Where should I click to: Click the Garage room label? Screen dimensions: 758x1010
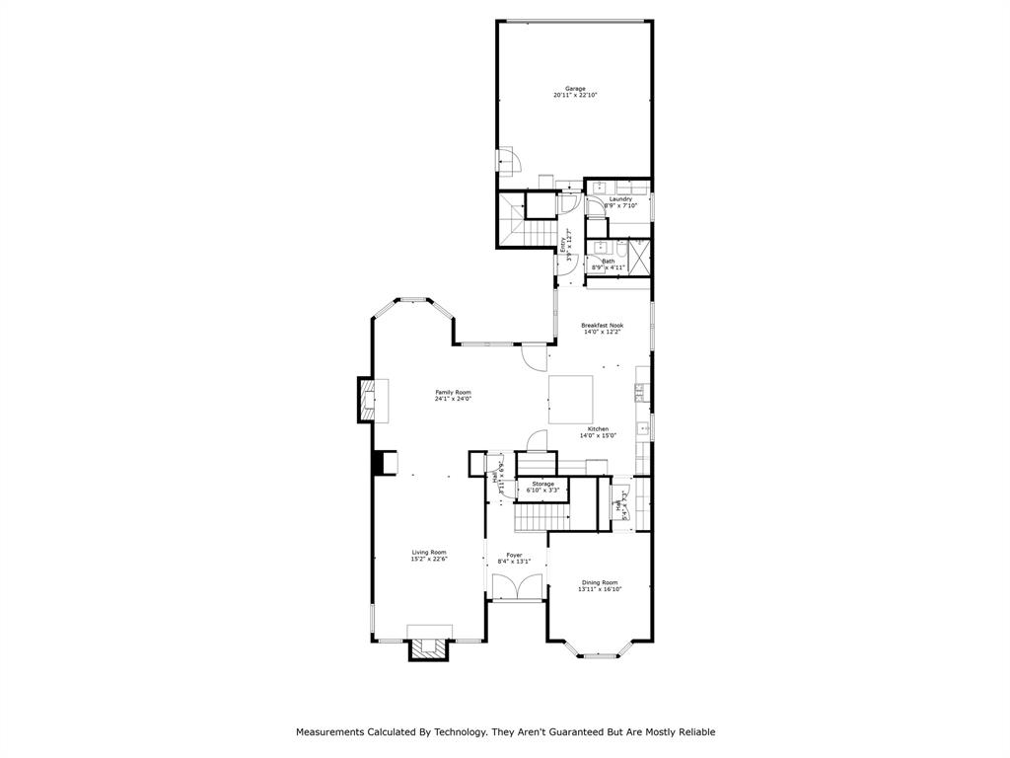pyautogui.click(x=574, y=89)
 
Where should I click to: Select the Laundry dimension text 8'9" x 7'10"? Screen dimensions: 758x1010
pyautogui.click(x=620, y=206)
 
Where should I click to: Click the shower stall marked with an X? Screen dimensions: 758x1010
pyautogui.click(x=640, y=257)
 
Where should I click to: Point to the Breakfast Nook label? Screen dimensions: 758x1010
pyautogui.click(x=602, y=325)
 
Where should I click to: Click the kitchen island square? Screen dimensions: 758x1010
pyautogui.click(x=571, y=400)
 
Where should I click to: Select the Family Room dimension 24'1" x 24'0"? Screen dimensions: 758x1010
pyautogui.click(x=454, y=399)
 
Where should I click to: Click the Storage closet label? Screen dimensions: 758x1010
pyautogui.click(x=542, y=484)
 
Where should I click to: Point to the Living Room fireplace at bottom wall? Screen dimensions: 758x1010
pyautogui.click(x=430, y=647)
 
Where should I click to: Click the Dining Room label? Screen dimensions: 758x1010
pyautogui.click(x=600, y=582)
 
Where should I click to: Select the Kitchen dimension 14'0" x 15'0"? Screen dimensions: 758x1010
pyautogui.click(x=598, y=436)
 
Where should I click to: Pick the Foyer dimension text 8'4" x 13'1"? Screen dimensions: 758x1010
pyautogui.click(x=515, y=562)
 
